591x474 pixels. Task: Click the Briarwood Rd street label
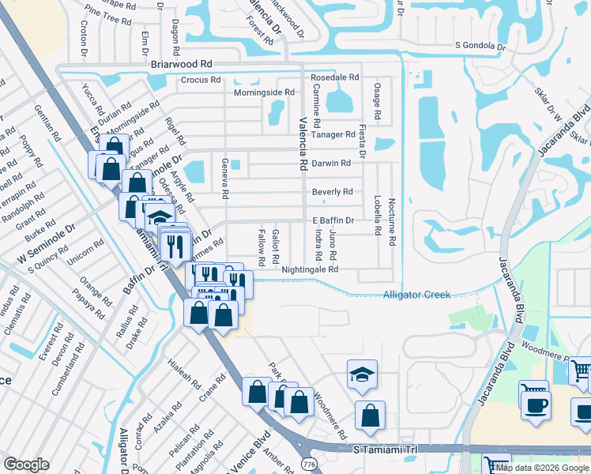pyautogui.click(x=180, y=63)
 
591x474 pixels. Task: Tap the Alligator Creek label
pyautogui.click(x=416, y=295)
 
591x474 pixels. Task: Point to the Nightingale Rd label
pyautogui.click(x=310, y=269)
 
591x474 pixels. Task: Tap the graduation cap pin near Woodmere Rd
pyautogui.click(x=363, y=375)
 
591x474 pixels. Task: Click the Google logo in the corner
pyautogui.click(x=26, y=465)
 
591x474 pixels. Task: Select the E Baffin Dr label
pyautogui.click(x=333, y=220)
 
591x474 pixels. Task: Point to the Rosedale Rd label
pyautogui.click(x=335, y=77)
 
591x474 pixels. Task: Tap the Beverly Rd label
pyautogui.click(x=332, y=192)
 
